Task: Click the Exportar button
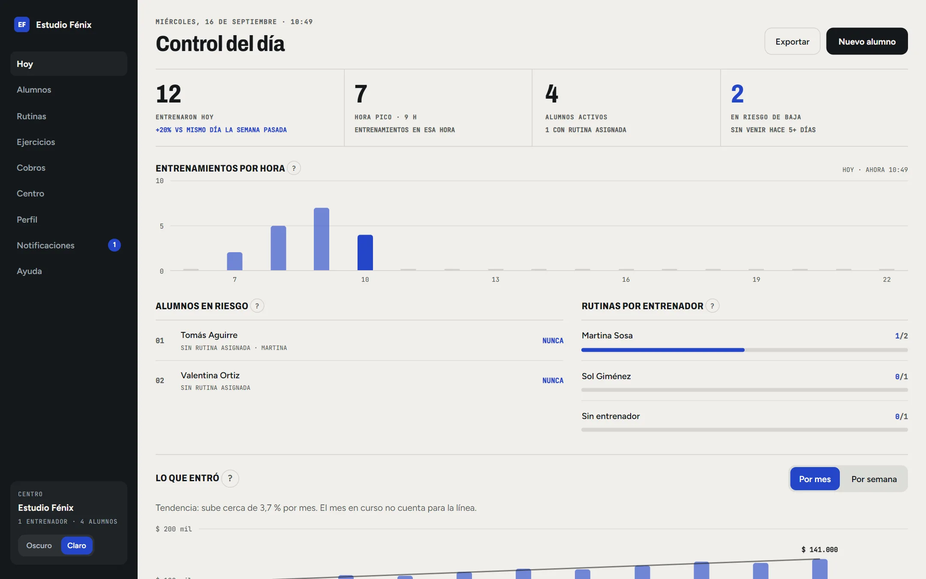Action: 792,41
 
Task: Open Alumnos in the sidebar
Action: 34,90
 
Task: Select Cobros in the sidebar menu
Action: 31,168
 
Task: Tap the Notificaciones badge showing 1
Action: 114,245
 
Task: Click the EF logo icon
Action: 22,24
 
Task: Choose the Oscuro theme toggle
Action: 39,546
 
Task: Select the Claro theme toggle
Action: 77,546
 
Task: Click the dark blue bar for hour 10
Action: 365,253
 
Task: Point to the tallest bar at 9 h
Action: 322,239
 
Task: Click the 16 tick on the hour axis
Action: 626,280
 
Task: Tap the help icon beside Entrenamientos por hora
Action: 294,168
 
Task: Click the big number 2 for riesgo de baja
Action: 737,94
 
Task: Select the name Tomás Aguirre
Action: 209,335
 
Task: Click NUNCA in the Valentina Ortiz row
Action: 553,380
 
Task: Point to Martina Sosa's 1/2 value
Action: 901,336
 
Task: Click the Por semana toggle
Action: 874,479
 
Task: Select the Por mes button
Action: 815,479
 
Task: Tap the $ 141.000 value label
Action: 820,550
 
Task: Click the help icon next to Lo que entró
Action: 230,478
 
